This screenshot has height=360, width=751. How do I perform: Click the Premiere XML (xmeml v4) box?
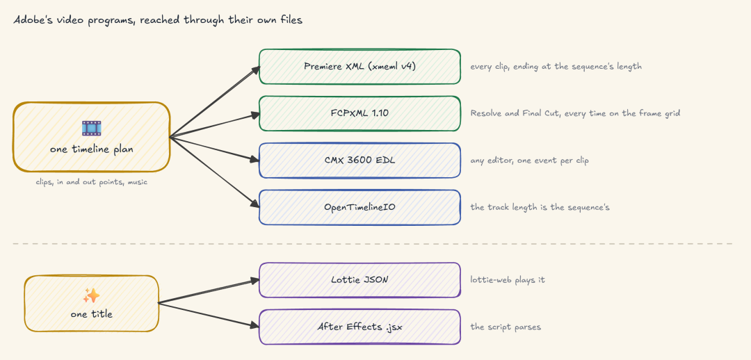(360, 67)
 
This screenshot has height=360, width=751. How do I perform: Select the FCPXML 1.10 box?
(360, 113)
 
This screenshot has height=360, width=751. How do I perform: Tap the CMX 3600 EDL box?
(360, 161)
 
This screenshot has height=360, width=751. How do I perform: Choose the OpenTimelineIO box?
(360, 207)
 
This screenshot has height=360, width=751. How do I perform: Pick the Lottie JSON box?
(360, 279)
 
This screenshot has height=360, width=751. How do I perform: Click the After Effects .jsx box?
(360, 327)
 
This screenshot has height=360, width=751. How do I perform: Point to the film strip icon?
(92, 129)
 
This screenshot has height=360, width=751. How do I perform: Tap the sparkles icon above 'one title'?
(92, 296)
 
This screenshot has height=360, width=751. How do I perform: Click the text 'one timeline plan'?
(92, 149)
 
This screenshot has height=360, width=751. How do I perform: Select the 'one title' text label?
(92, 315)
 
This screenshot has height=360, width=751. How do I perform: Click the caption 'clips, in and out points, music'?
(92, 182)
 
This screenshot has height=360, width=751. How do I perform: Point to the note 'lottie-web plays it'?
(508, 279)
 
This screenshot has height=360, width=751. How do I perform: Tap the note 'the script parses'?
(506, 327)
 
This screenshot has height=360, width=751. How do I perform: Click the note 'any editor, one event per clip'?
(529, 161)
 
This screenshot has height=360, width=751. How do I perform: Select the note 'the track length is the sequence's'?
(540, 207)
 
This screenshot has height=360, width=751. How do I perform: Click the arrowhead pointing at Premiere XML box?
(255, 69)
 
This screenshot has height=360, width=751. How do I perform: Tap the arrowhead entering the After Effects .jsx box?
(254, 325)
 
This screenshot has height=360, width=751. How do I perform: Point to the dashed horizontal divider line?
(372, 244)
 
